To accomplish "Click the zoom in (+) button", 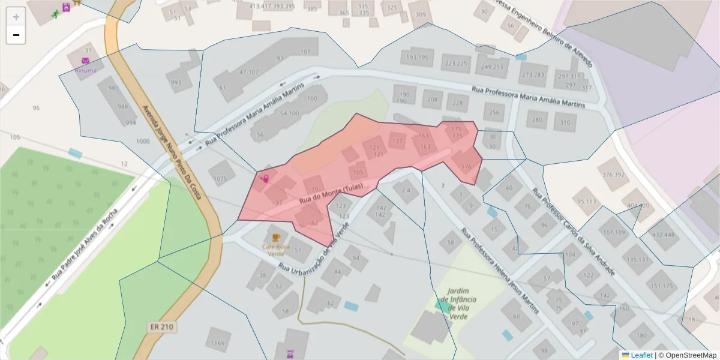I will click(16, 17).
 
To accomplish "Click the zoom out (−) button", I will click(16, 35).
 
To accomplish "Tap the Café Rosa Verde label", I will click(276, 250).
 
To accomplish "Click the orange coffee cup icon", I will click(276, 238).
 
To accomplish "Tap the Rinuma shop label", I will click(85, 70).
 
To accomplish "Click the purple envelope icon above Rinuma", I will click(85, 61).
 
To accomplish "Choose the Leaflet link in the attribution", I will click(641, 355).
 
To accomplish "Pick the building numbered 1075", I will click(221, 178).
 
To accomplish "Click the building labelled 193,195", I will click(417, 58).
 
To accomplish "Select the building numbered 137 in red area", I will click(397, 142).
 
